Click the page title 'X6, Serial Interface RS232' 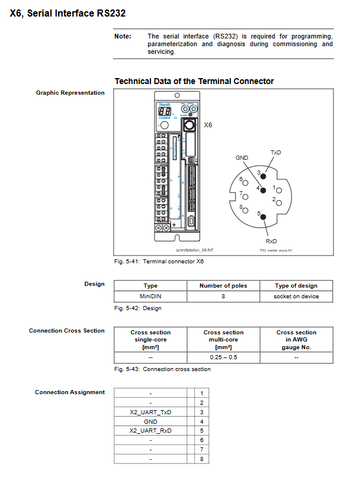click(67, 12)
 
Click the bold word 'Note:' click(123, 36)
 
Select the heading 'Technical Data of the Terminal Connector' click(194, 81)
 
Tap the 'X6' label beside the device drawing click(208, 125)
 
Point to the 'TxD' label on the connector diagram click(275, 153)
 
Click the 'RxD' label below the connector click(271, 241)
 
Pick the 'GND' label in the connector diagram click(242, 158)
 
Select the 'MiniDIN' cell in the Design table click(150, 296)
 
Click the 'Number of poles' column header click(223, 286)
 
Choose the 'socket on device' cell click(296, 296)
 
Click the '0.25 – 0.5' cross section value click(223, 357)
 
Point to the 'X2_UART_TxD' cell click(150, 411)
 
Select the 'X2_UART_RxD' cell click(150, 430)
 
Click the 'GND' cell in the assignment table click(150, 421)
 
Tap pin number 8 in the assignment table click(202, 459)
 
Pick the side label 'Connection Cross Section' click(67, 330)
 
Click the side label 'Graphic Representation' click(70, 92)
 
